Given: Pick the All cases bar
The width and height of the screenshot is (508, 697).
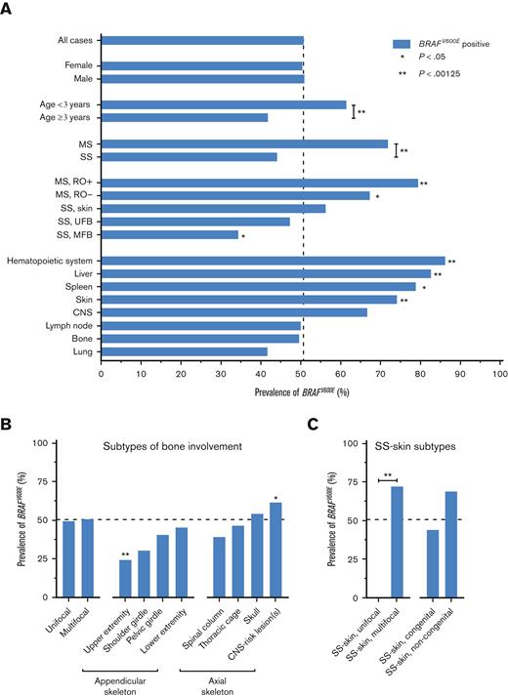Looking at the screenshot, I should click(x=202, y=41).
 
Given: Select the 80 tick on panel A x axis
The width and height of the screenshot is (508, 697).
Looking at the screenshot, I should click(x=419, y=373).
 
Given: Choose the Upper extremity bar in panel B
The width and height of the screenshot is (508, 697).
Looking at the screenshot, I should click(x=126, y=566).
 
